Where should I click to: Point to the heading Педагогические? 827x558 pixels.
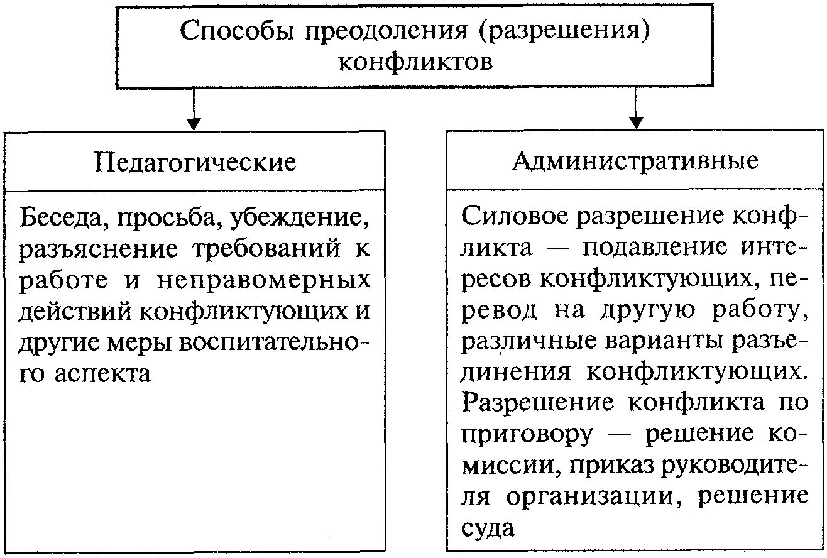point(195,162)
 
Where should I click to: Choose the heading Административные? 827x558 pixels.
point(636,161)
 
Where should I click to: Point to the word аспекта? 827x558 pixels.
point(103,373)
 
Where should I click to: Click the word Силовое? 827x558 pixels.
point(513,216)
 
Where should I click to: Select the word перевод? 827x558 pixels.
point(500,310)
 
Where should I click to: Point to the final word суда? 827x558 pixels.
point(488,528)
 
